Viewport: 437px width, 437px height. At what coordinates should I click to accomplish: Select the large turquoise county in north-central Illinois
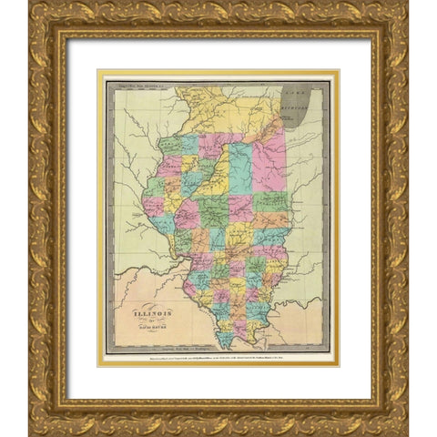coord(239,168)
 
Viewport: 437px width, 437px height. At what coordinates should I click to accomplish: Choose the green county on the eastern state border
coord(270,202)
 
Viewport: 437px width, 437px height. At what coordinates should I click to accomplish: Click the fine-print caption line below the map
coord(218,361)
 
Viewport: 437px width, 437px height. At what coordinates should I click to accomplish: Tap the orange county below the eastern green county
coord(271,220)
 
